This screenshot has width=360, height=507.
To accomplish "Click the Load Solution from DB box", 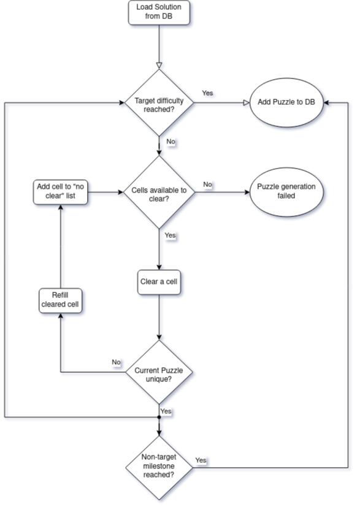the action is (159, 13).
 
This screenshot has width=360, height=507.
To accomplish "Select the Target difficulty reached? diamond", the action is (159, 103).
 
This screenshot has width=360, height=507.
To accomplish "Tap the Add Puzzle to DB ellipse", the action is (286, 102).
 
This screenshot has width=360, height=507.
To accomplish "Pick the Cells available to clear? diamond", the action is (159, 192).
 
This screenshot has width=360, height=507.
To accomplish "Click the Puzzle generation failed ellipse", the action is (286, 192).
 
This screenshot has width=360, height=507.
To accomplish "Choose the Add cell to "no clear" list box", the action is (61, 193).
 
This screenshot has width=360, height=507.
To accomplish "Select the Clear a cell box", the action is (159, 282).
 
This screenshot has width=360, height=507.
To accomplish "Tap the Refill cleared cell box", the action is (61, 301).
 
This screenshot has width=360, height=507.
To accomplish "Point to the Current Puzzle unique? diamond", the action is (159, 372).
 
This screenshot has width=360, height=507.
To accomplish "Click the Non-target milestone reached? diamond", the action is (159, 468).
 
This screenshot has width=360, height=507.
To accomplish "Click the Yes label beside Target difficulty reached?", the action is (208, 93).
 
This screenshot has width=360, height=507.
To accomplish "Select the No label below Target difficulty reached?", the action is (170, 142).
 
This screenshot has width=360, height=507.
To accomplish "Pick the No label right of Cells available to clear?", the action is (208, 185).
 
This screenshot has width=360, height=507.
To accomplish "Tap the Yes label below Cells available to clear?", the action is (170, 235).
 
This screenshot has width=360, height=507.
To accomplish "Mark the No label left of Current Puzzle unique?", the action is (116, 362).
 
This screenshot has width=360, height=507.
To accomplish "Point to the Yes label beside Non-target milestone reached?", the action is (201, 460).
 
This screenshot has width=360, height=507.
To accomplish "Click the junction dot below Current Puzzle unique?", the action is (159, 417).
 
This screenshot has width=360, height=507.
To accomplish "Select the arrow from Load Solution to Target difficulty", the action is (159, 47).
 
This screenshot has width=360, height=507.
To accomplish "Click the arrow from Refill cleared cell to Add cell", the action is (61, 246).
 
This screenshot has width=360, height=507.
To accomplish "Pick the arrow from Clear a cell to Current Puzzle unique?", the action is (159, 317).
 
